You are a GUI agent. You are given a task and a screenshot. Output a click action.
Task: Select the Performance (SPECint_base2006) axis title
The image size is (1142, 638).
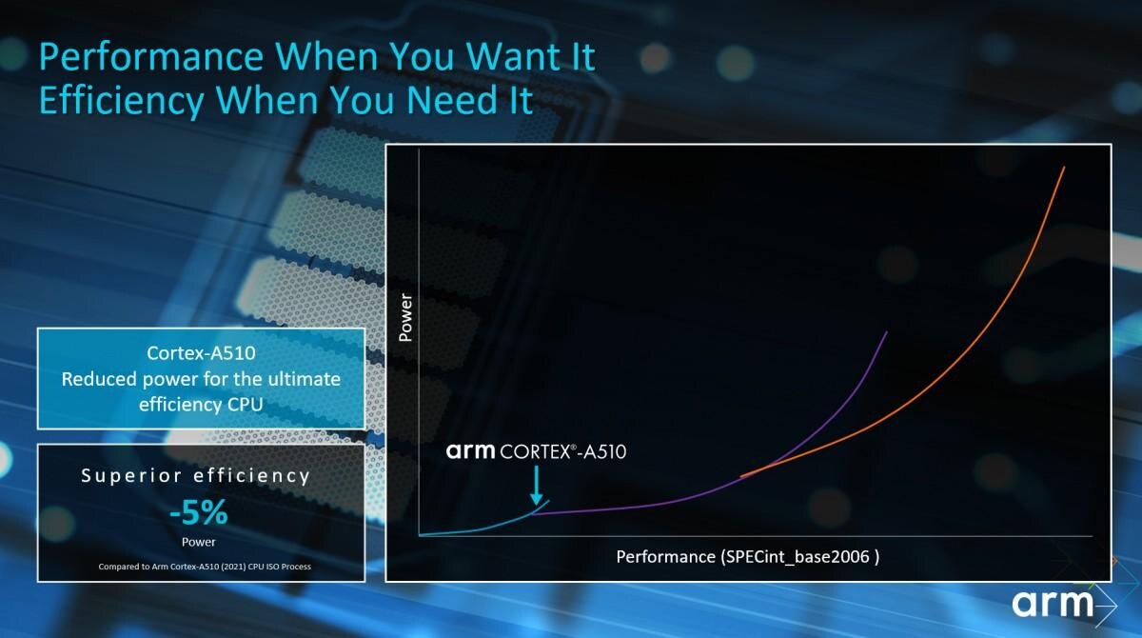pyautogui.click(x=747, y=556)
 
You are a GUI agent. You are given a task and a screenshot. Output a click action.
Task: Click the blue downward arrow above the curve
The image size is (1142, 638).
pyautogui.click(x=537, y=485)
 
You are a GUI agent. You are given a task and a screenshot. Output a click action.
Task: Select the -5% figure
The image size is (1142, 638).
pyautogui.click(x=199, y=514)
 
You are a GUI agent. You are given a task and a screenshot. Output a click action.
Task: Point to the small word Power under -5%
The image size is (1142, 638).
pyautogui.click(x=199, y=542)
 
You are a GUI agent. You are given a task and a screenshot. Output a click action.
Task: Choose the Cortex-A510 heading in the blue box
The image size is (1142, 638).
pyautogui.click(x=201, y=354)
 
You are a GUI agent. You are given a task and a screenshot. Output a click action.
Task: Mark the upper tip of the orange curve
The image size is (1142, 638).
pyautogui.click(x=1063, y=169)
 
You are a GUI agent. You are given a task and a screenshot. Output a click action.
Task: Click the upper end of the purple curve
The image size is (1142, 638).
pyautogui.click(x=887, y=332)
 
